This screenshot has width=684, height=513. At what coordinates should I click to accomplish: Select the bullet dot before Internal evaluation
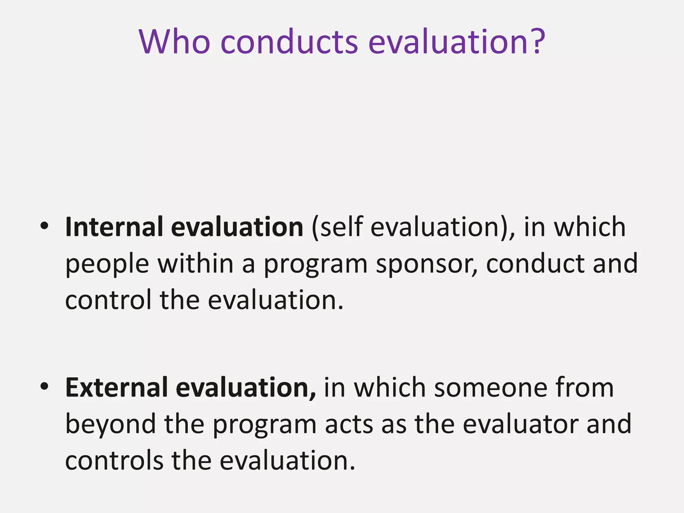(44, 226)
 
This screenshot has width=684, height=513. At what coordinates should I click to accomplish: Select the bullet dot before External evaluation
(44, 387)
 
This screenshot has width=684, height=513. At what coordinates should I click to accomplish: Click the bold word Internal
(114, 227)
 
